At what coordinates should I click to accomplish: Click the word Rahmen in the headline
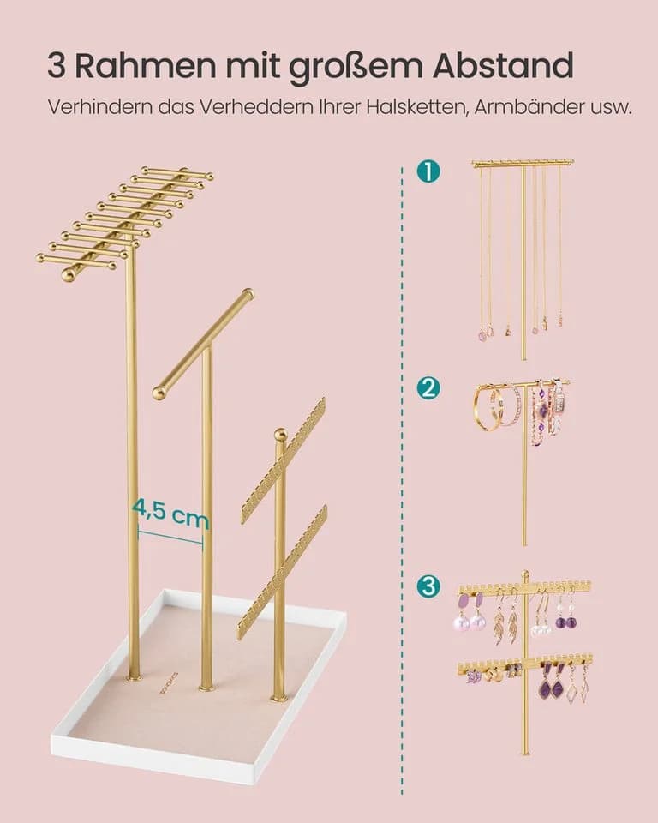click(x=145, y=67)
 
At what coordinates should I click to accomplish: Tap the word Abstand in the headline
click(x=502, y=67)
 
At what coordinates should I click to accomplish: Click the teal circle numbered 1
click(x=428, y=171)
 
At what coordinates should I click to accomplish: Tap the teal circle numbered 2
click(x=428, y=388)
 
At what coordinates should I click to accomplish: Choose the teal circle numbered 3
click(x=428, y=586)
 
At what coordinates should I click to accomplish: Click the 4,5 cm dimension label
click(x=170, y=513)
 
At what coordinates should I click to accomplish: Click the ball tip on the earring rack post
click(x=281, y=435)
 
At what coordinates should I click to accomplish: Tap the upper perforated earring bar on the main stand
click(x=284, y=460)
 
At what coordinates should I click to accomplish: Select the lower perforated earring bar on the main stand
click(x=282, y=572)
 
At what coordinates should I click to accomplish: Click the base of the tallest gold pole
click(x=134, y=677)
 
